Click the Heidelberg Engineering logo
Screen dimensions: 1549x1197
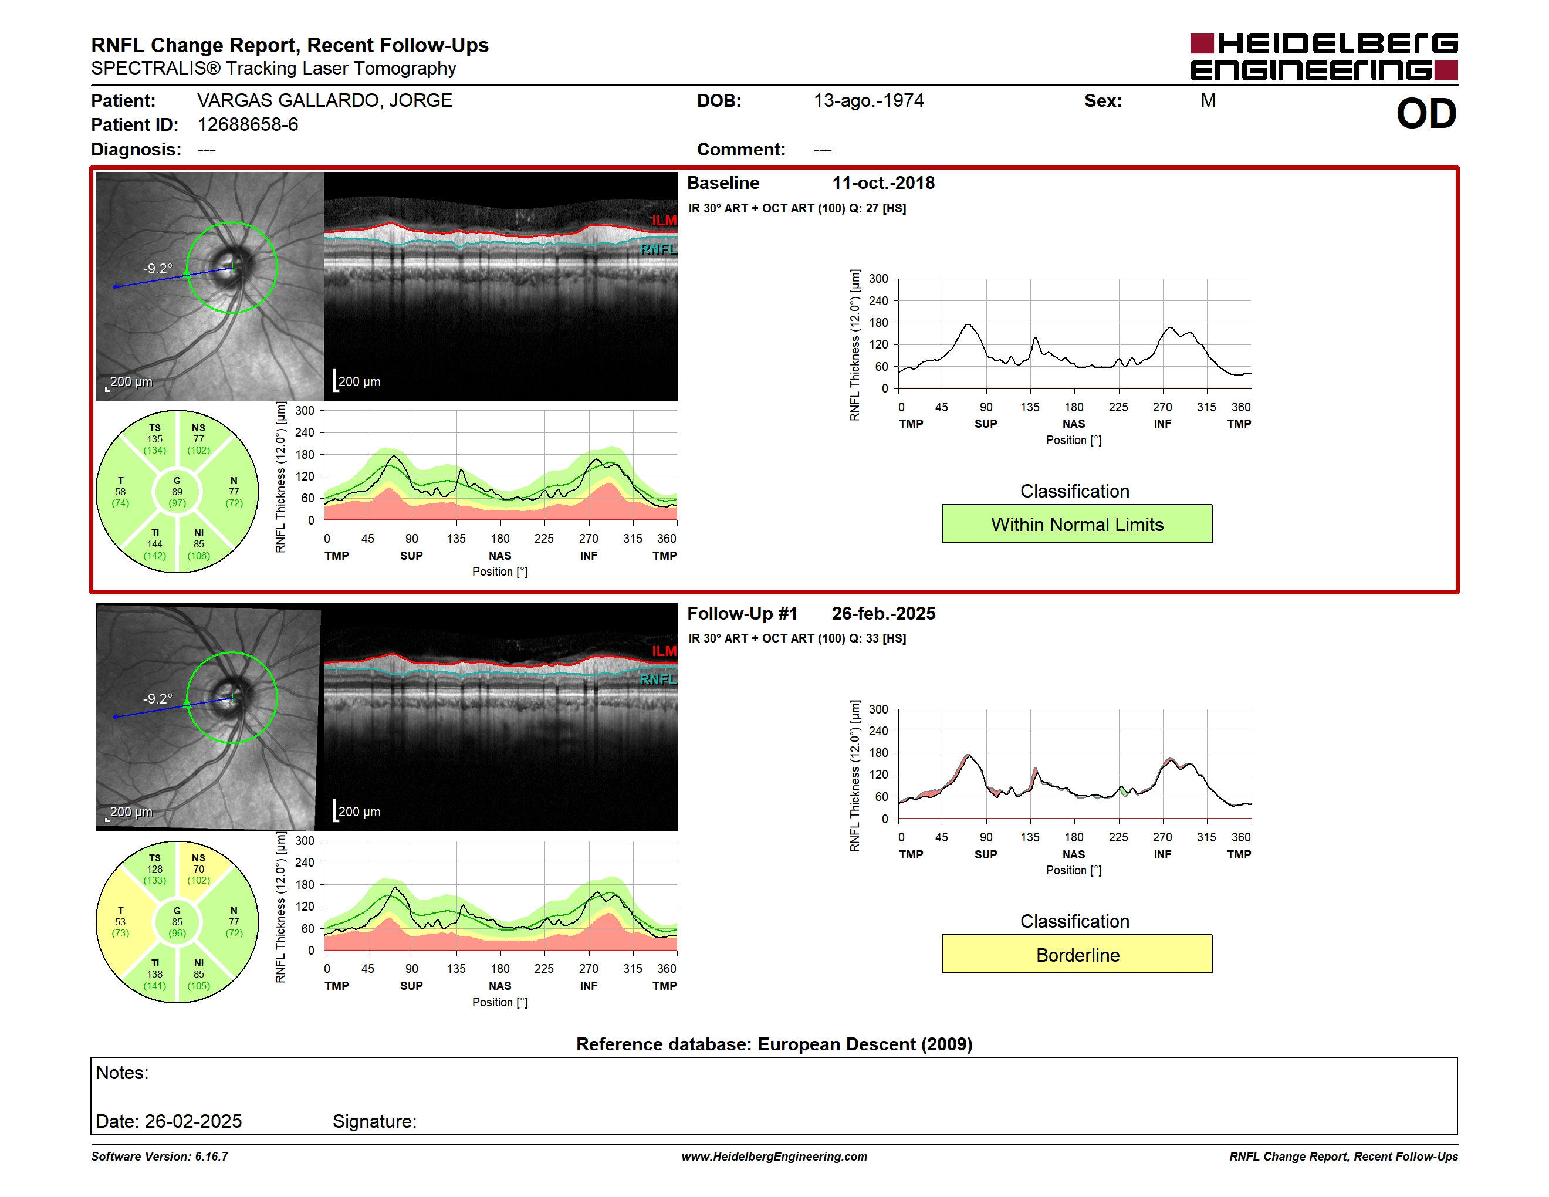click(x=1324, y=57)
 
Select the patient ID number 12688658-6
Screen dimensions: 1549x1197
click(x=248, y=125)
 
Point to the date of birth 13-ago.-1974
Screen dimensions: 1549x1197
click(x=869, y=101)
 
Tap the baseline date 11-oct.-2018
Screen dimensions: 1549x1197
click(x=883, y=183)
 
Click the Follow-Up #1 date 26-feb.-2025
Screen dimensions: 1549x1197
click(x=883, y=613)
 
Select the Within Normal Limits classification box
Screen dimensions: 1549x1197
click(x=1077, y=524)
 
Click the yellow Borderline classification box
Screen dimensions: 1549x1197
click(x=1077, y=955)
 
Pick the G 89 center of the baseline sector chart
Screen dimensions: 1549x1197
click(x=177, y=492)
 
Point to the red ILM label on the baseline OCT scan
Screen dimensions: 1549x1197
click(x=664, y=221)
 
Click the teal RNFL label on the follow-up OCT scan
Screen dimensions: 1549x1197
click(x=658, y=679)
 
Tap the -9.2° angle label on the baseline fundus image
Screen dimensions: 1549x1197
click(x=157, y=269)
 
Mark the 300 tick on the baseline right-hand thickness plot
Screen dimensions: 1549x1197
click(x=878, y=279)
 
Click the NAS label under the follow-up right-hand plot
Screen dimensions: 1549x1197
click(x=1074, y=854)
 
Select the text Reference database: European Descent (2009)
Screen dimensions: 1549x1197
click(x=774, y=1044)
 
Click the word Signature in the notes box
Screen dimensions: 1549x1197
click(x=373, y=1121)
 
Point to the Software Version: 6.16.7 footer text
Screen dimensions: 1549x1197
click(x=160, y=1157)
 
